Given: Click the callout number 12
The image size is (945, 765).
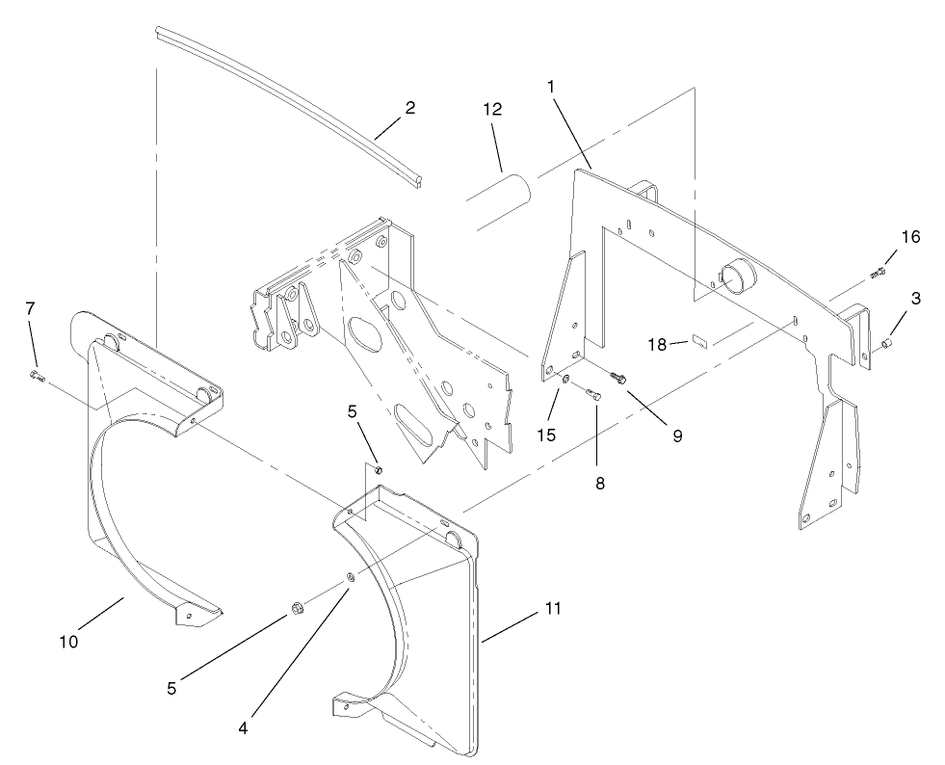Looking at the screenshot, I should coord(492,110).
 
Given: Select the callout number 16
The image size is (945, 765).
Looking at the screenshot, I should coord(909,237).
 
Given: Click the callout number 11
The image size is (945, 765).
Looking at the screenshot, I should coord(552,609).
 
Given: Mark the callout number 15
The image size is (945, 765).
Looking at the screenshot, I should coord(546,435).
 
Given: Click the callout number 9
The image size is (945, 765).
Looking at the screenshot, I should coord(676,435).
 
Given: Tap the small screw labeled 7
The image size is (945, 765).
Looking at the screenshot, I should coord(37,375).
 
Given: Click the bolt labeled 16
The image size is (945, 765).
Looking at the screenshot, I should coord(877,274).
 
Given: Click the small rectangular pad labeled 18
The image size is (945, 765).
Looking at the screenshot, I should coord(699,339).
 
